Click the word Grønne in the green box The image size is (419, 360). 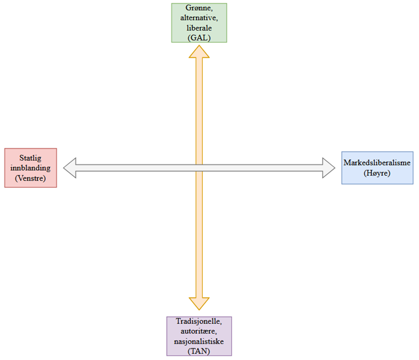[x=199, y=8]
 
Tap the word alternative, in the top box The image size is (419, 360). [x=199, y=18]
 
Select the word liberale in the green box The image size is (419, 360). [x=199, y=28]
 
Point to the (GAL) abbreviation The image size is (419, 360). [x=199, y=38]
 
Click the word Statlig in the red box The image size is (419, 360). [x=30, y=158]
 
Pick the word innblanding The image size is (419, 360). [x=30, y=168]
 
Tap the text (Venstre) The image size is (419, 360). [x=30, y=178]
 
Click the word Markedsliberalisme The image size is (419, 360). [x=377, y=163]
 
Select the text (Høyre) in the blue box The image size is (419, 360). [x=377, y=173]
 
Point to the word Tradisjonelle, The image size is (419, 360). [x=199, y=321]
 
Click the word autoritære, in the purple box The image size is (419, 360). [x=199, y=331]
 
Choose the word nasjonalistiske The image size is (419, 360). [x=199, y=341]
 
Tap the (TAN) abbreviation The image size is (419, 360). [x=199, y=351]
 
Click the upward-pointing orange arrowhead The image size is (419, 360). [x=199, y=52]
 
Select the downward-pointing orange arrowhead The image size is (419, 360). [x=199, y=304]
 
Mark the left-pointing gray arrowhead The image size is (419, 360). [x=70, y=168]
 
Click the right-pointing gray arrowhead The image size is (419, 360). [x=329, y=168]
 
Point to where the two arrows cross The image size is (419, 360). [x=199, y=168]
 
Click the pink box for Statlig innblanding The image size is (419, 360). [x=30, y=168]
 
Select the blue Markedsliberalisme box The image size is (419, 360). [x=377, y=168]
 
